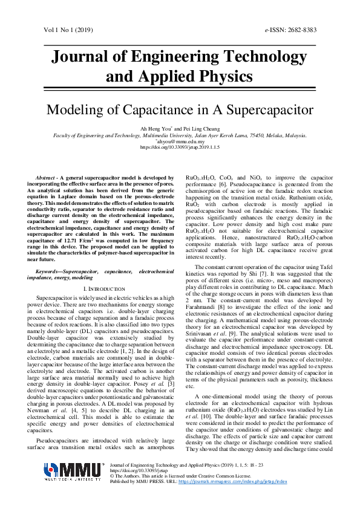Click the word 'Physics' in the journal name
[x=219, y=77]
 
